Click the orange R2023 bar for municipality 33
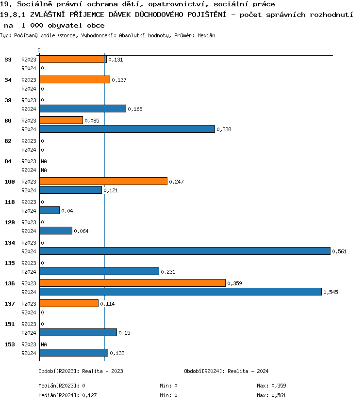73,59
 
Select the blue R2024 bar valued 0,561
184,251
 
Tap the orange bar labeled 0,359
132,283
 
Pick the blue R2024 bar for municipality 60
127,129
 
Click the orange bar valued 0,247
103,181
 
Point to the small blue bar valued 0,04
50,210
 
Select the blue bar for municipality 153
74,353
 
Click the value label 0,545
331,292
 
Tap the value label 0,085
92,121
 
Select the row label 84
8,161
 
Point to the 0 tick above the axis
39,50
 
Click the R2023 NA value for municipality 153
44,344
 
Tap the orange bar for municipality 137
69,303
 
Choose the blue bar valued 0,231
99,271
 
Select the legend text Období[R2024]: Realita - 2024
226,371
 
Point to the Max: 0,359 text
273,386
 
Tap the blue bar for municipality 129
56,231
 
